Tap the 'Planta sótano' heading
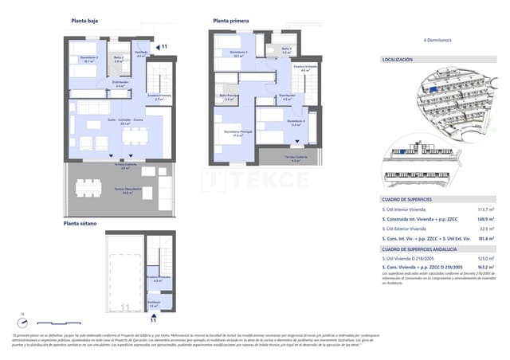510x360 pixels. click(x=82, y=224)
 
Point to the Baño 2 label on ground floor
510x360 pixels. click(x=118, y=59)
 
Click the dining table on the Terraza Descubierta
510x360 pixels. click(x=88, y=189)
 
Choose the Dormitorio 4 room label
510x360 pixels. click(x=294, y=123)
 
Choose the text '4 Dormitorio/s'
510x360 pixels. click(x=438, y=39)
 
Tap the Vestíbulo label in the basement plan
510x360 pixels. click(x=154, y=303)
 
